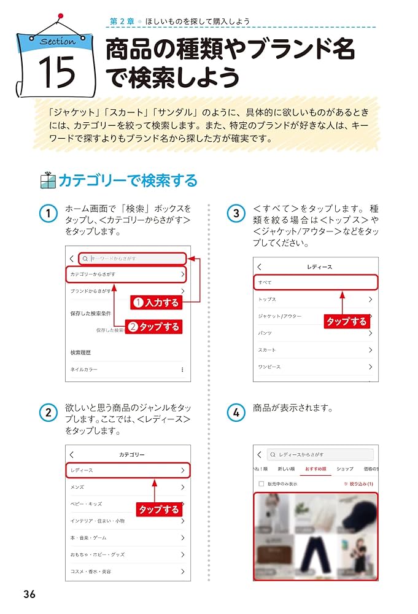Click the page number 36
29,594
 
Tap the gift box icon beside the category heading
47,180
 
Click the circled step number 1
48,214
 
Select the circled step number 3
236,214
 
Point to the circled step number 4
236,413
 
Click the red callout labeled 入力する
157,302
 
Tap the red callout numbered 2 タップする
153,327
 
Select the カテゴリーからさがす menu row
126,274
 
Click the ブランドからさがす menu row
126,290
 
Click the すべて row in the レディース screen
315,282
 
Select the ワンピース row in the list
315,367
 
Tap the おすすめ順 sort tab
315,469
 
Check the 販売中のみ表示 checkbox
260,484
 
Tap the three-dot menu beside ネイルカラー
182,370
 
